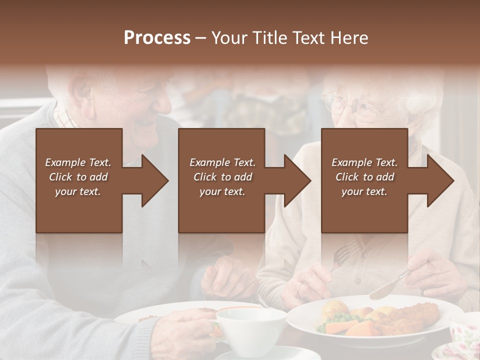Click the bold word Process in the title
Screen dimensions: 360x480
pyautogui.click(x=157, y=38)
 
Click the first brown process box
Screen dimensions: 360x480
pyautogui.click(x=79, y=210)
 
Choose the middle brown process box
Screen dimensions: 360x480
pyautogui.click(x=221, y=210)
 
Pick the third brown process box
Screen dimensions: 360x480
pyautogui.click(x=364, y=210)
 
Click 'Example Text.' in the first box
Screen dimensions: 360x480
pyautogui.click(x=78, y=162)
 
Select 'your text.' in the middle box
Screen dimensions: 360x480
pyautogui.click(x=222, y=191)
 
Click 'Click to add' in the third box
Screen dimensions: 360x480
pyautogui.click(x=364, y=177)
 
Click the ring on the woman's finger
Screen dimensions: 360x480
pyautogui.click(x=300, y=288)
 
